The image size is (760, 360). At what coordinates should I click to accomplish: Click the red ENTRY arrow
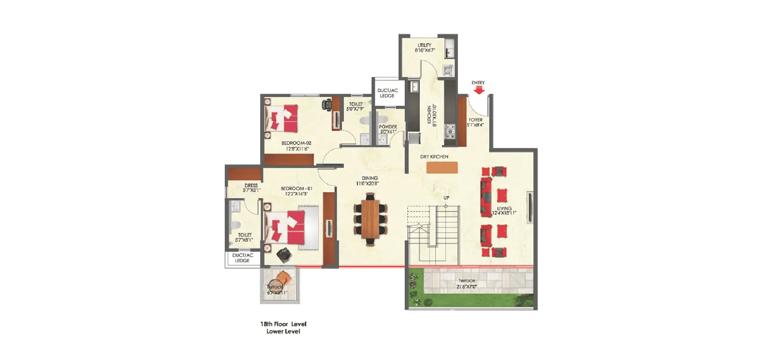pyautogui.click(x=479, y=90)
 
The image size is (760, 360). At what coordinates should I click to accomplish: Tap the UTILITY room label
pyautogui.click(x=425, y=48)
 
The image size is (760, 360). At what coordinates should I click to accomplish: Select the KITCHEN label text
pyautogui.click(x=431, y=115)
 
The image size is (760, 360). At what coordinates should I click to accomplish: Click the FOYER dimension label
pyautogui.click(x=475, y=122)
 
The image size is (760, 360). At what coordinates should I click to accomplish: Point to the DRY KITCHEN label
pyautogui.click(x=434, y=157)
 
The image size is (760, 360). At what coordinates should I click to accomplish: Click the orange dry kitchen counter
pyautogui.click(x=442, y=168)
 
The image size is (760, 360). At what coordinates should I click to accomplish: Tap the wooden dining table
pyautogui.click(x=370, y=219)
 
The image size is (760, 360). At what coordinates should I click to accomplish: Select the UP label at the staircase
pyautogui.click(x=446, y=198)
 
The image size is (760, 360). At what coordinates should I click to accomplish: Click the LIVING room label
pyautogui.click(x=504, y=211)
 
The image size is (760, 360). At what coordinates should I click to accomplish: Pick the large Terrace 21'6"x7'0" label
pyautogui.click(x=467, y=284)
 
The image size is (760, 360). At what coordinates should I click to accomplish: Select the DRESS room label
pyautogui.click(x=251, y=188)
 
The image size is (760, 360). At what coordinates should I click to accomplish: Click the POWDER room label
pyautogui.click(x=388, y=129)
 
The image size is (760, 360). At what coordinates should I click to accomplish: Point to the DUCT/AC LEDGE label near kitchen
pyautogui.click(x=388, y=93)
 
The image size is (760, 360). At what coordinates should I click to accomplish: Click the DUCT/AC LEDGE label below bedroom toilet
pyautogui.click(x=243, y=258)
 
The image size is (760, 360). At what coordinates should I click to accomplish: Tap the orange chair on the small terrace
pyautogui.click(x=284, y=277)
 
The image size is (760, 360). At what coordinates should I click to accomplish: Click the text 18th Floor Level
pyautogui.click(x=283, y=324)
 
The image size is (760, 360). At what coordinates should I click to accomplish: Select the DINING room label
pyautogui.click(x=369, y=181)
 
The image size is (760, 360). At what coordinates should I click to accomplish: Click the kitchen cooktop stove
pyautogui.click(x=450, y=131)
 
